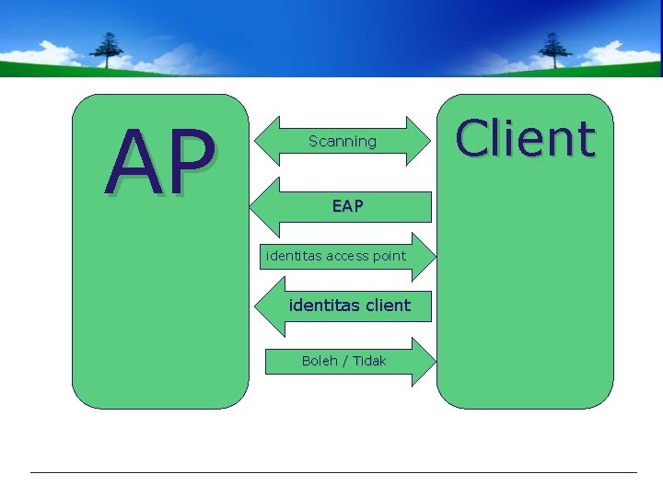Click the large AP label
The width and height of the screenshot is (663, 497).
(160, 164)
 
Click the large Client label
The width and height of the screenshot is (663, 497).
(525, 140)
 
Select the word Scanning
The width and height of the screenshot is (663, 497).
(343, 142)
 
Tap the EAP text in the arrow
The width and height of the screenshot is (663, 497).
(347, 207)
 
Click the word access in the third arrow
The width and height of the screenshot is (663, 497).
(339, 256)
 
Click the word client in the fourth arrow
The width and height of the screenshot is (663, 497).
(387, 305)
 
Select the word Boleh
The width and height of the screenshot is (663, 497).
(319, 361)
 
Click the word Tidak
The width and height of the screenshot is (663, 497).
(369, 361)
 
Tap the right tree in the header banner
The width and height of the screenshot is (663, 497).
(554, 48)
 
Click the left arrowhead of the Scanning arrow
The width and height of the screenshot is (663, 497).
(264, 141)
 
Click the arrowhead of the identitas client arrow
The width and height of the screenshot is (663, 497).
(266, 305)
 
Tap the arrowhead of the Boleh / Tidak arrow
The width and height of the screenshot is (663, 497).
(423, 361)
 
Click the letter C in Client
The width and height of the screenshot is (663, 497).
(473, 140)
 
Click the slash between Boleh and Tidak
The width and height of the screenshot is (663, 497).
(344, 361)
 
